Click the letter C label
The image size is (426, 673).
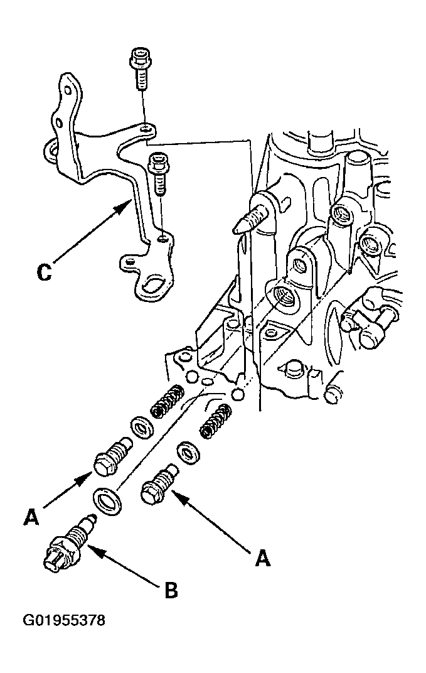[x=44, y=271]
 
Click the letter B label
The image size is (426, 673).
[x=171, y=591]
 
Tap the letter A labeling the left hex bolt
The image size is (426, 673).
[x=31, y=517]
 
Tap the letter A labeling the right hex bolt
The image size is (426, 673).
[x=262, y=558]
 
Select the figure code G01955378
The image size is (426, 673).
[x=64, y=620]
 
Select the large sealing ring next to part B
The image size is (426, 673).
[x=107, y=502]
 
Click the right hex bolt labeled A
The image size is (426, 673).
[x=159, y=485]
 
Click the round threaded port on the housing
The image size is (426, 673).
[x=283, y=296]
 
